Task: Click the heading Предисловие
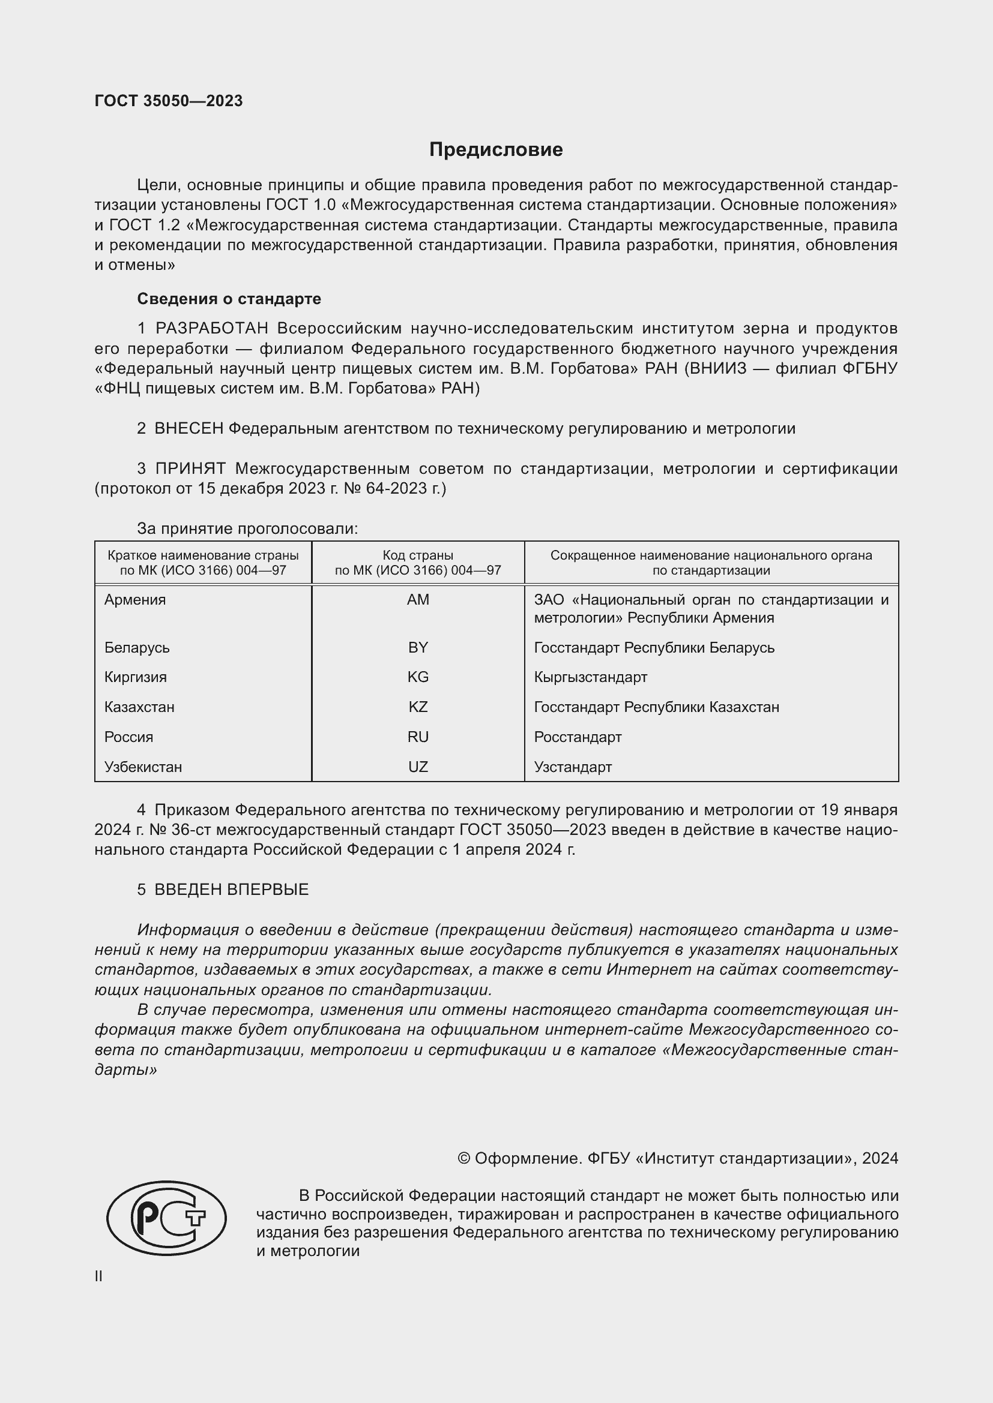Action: [x=496, y=150]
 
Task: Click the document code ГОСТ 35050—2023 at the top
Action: [x=169, y=101]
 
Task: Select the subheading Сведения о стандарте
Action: [x=229, y=299]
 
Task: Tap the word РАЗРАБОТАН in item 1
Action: [x=211, y=329]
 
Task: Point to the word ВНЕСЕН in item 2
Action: [x=189, y=429]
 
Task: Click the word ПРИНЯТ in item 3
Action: [x=190, y=468]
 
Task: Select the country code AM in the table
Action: [x=418, y=599]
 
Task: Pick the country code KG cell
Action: [x=418, y=677]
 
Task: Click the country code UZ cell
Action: [x=418, y=767]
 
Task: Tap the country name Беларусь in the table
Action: [x=137, y=648]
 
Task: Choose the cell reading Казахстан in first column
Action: [x=139, y=707]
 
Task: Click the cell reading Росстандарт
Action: [x=578, y=737]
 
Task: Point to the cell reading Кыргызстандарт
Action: [x=591, y=677]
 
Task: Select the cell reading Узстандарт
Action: [x=573, y=767]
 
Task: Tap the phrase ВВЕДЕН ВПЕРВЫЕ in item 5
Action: [x=231, y=890]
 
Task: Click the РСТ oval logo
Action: [x=166, y=1217]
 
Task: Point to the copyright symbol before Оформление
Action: [x=464, y=1159]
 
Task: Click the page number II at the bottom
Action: [x=98, y=1276]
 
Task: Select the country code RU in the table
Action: [x=418, y=737]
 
